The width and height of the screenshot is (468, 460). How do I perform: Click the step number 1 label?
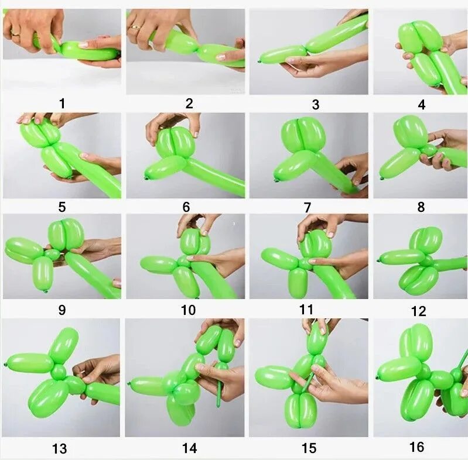point(62,104)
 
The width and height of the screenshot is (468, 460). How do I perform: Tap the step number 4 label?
point(422,105)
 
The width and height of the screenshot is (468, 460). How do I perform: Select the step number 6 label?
point(186,207)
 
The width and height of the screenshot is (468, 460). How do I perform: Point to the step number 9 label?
point(62,310)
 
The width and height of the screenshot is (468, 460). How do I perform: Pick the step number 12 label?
point(418,311)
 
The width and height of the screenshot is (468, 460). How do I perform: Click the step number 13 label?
point(59,448)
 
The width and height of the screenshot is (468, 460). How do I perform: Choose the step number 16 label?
point(416,447)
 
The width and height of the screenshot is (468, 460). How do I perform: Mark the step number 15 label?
point(309,448)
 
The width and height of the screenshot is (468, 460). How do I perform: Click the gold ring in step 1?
point(16,34)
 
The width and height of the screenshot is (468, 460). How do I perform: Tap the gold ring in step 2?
point(136,28)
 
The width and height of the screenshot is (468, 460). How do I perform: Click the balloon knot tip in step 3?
point(259,61)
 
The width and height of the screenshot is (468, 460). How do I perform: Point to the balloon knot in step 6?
point(146,178)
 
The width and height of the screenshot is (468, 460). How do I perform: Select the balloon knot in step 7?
point(276,180)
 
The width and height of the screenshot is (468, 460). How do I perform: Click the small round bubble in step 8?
point(429,149)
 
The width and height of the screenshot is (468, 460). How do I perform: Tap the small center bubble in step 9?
point(52,254)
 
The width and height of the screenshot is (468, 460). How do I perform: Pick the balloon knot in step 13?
point(5,365)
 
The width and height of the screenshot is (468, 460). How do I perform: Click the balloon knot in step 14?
point(129,383)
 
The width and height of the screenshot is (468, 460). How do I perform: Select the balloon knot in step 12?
point(380,261)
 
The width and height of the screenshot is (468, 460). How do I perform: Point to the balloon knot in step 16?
point(378,378)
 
